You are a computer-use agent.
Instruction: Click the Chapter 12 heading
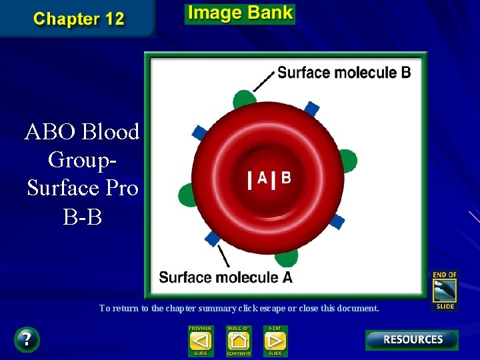[79, 18]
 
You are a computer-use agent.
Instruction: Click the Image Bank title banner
[240, 13]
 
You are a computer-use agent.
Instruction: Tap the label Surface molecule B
[344, 72]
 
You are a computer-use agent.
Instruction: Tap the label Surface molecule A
[225, 277]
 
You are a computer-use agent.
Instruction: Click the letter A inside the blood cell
[262, 178]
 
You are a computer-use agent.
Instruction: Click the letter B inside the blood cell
[285, 178]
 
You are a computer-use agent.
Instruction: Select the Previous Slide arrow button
[201, 340]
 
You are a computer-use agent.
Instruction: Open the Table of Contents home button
[238, 340]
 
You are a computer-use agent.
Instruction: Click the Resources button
[412, 339]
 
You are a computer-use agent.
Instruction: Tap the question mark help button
[27, 339]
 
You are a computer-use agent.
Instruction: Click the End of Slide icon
[445, 290]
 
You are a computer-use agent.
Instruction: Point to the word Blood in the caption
[111, 132]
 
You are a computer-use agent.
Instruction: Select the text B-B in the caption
[82, 217]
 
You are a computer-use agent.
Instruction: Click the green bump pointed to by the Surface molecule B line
[245, 99]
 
